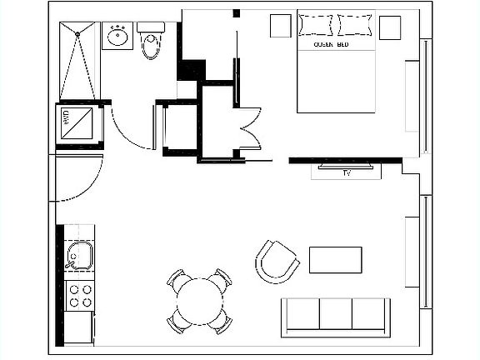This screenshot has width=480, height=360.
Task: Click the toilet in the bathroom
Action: [x=151, y=41]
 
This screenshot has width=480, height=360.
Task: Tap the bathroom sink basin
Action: [x=117, y=36]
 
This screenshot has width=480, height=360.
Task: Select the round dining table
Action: [x=199, y=299]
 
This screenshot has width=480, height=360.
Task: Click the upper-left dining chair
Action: [x=177, y=279]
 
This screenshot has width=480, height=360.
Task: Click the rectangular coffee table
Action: [x=335, y=259]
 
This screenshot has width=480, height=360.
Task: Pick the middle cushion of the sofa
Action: [x=336, y=314]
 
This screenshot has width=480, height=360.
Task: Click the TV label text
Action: [x=347, y=173]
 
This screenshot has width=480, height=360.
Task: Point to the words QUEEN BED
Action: [x=331, y=43]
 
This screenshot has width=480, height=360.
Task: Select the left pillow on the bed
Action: [x=316, y=24]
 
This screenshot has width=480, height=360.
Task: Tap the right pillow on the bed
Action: [x=353, y=24]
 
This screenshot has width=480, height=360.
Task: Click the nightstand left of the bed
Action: [x=277, y=26]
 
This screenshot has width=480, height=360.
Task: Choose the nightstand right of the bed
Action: [x=389, y=27]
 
